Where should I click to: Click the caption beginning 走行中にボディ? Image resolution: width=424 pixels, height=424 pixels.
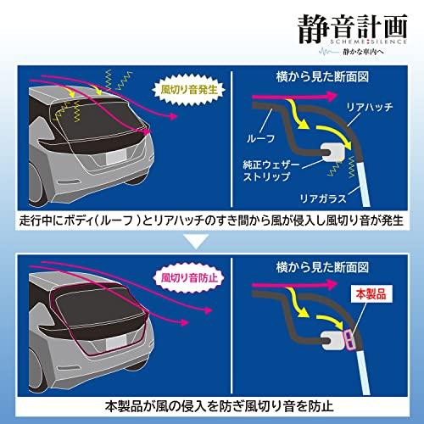(x=212, y=222)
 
